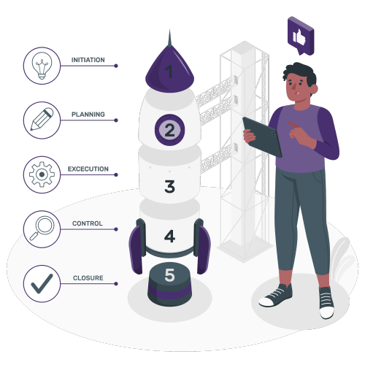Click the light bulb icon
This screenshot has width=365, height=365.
click(42, 66)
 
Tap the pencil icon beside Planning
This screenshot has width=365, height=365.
click(42, 119)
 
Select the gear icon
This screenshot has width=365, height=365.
click(42, 174)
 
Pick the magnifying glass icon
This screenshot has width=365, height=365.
click(42, 228)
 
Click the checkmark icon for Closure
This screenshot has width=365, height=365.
click(42, 283)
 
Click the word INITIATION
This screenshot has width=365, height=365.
click(88, 60)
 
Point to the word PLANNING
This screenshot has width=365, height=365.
click(88, 115)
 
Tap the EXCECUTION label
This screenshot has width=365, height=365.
click(88, 169)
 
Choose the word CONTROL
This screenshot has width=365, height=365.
click(88, 223)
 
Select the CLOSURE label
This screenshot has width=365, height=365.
click(88, 278)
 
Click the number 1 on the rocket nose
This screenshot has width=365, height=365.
click(169, 72)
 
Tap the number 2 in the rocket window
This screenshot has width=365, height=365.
click(169, 130)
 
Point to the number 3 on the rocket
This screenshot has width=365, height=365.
click(169, 186)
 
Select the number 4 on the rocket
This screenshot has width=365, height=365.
click(169, 236)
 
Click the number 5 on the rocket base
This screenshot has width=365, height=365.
click(169, 275)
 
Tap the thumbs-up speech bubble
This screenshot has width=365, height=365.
click(301, 36)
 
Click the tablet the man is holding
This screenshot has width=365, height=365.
click(263, 137)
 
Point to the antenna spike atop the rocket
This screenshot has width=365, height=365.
click(169, 38)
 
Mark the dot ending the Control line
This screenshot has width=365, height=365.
click(116, 229)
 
